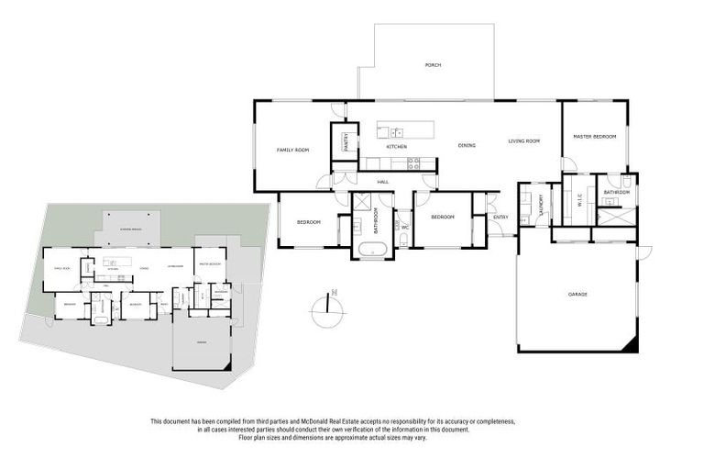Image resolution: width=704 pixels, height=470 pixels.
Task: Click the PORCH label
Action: (433, 65)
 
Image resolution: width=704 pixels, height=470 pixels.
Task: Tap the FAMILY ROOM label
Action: (292, 150)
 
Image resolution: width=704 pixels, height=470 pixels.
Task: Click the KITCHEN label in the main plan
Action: (396, 147)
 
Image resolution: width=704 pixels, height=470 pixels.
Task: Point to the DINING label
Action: (467, 146)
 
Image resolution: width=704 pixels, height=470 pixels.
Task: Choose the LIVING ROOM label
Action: (524, 140)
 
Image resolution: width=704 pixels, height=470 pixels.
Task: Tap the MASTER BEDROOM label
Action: (594, 136)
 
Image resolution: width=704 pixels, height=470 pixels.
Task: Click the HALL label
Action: (383, 182)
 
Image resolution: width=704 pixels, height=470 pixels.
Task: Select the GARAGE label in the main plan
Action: (577, 294)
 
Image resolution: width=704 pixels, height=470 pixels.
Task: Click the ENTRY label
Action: (500, 217)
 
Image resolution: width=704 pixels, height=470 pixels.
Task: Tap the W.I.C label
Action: (578, 204)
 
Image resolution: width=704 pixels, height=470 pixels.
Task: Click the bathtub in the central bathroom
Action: (372, 249)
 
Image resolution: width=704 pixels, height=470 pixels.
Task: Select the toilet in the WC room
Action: (403, 240)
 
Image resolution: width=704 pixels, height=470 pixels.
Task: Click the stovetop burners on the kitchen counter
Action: (413, 163)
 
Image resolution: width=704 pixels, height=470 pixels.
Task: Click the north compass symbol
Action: (328, 309)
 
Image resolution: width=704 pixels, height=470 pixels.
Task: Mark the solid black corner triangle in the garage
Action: (629, 346)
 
